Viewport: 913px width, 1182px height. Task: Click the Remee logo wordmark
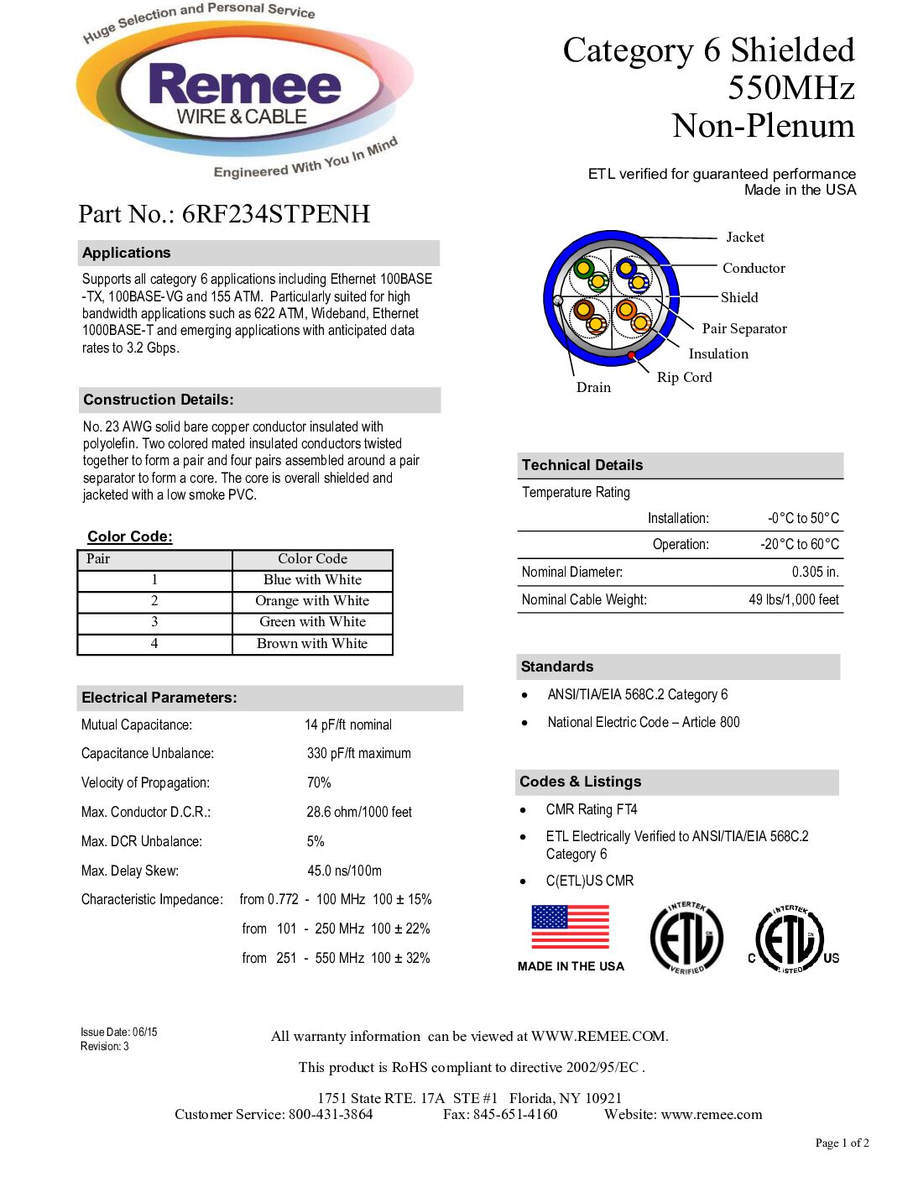[244, 86]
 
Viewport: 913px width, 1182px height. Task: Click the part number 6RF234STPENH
[275, 215]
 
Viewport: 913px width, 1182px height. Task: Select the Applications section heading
[127, 253]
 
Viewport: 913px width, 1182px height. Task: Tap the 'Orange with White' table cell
[312, 601]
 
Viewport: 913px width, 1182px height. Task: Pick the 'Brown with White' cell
[312, 644]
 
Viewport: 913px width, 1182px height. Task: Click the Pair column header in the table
[98, 559]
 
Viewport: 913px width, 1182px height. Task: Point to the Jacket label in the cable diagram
[744, 238]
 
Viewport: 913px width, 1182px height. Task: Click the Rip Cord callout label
[684, 378]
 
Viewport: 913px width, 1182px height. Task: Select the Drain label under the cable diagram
[593, 388]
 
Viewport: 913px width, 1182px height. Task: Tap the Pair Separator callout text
[744, 329]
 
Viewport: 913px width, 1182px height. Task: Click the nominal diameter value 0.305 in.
[815, 573]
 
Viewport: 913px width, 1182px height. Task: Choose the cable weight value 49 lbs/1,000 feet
[793, 600]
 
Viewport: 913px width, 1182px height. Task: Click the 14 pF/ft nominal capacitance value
[348, 725]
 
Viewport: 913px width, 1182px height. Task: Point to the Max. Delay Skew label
[130, 871]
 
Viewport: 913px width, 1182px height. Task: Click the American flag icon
[570, 927]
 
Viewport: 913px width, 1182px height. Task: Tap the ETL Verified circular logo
[686, 939]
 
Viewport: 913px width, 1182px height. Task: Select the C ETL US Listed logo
[792, 939]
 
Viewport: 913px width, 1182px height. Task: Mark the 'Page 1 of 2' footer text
[842, 1143]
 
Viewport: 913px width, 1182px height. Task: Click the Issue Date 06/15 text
[119, 1033]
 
